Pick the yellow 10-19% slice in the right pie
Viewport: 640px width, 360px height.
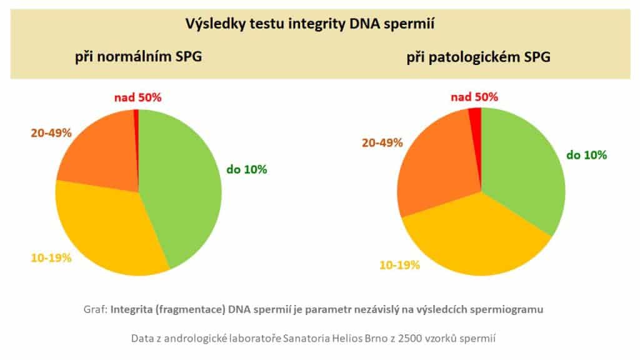coord(475,241)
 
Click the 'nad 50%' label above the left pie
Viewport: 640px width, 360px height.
coord(137,97)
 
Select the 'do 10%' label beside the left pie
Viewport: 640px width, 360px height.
coord(246,169)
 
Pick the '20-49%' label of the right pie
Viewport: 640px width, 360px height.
coord(382,142)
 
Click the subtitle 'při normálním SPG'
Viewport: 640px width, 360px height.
coord(138,59)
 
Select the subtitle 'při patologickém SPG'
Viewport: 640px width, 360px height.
coord(479,59)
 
